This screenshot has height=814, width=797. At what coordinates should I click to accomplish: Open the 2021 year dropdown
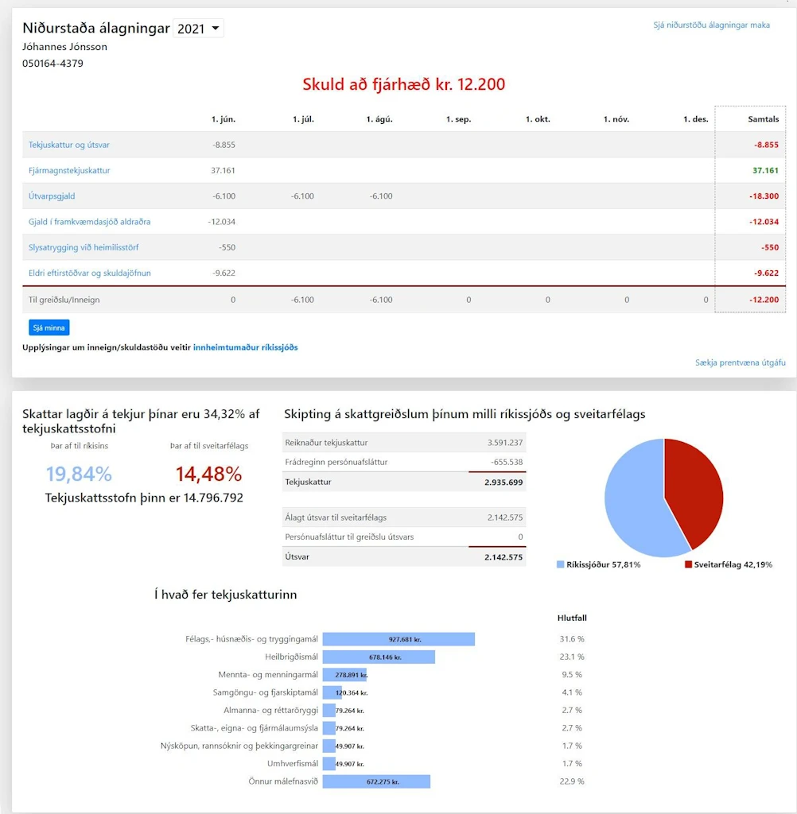[x=198, y=29]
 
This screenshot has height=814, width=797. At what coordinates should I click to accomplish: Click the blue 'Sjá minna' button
[x=49, y=328]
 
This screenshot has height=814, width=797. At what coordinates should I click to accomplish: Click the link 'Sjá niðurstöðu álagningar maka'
[x=711, y=25]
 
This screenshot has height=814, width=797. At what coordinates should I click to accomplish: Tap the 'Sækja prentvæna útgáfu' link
[x=740, y=362]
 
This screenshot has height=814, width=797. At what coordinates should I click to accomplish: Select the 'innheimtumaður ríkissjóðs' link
[x=245, y=347]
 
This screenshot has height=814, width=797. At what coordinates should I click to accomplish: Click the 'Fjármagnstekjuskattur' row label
[x=69, y=170]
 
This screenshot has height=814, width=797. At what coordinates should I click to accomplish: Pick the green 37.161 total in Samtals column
[x=765, y=170]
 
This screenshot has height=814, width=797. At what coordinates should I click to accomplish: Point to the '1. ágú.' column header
[x=379, y=119]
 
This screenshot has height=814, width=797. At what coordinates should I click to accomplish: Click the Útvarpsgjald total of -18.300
[x=764, y=196]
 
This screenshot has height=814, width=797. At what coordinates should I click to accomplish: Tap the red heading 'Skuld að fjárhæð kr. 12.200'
[x=404, y=84]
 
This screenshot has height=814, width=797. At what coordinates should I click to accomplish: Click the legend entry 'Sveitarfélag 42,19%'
[x=729, y=564]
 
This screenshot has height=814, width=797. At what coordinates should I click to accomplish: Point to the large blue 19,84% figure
[x=79, y=474]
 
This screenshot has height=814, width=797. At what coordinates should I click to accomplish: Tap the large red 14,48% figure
[x=208, y=474]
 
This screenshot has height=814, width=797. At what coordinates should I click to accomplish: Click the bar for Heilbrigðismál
[x=379, y=657]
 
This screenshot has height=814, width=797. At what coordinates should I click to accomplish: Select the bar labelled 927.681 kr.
[x=398, y=639]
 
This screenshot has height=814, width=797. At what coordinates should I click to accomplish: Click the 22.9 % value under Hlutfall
[x=572, y=781]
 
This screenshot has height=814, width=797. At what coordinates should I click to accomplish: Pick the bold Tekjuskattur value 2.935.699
[x=503, y=483]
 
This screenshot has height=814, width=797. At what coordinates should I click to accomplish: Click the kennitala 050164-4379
[x=52, y=64]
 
